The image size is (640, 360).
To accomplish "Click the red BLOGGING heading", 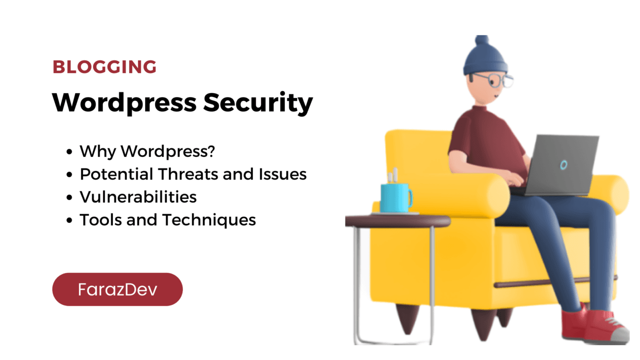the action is (104, 67).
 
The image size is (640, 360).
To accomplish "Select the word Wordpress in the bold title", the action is (124, 103).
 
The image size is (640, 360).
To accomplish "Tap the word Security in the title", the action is (258, 103).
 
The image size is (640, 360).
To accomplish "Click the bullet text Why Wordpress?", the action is (147, 151).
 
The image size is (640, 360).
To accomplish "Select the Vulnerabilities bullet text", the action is (138, 197).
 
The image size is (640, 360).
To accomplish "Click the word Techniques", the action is (209, 220).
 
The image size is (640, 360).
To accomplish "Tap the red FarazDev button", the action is (117, 289).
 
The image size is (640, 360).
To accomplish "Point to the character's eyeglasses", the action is (493, 80).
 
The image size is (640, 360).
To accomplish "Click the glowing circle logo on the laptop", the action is (563, 165).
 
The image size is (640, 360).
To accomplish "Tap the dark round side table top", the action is (397, 221).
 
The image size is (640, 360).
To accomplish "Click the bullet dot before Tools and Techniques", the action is (69, 220).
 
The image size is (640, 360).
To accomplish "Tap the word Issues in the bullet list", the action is (282, 174).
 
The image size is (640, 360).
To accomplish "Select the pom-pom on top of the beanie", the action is (481, 40).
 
